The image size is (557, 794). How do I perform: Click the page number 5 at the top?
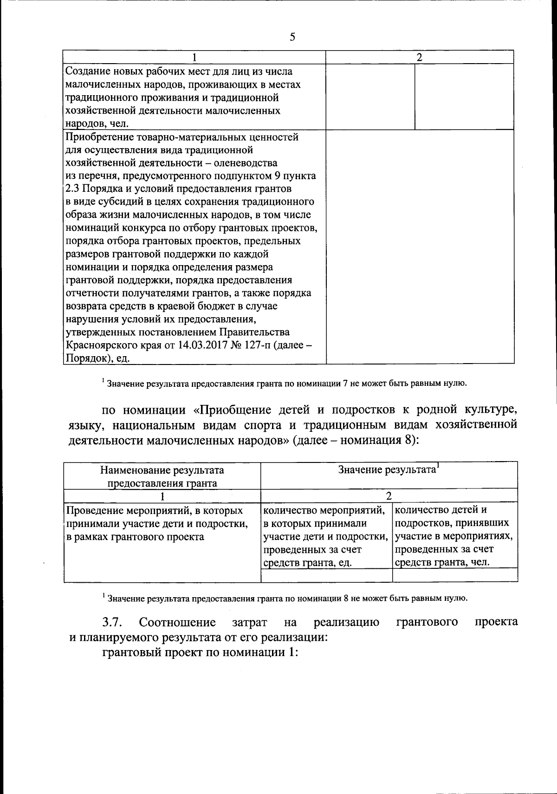[x=292, y=37]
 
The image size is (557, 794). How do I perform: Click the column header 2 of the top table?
[x=420, y=58]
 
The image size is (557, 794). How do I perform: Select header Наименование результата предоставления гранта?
[x=162, y=476]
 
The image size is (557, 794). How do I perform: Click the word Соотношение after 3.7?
[x=177, y=622]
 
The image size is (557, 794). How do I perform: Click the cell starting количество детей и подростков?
[x=454, y=536]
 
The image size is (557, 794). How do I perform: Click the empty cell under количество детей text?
[x=455, y=575]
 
